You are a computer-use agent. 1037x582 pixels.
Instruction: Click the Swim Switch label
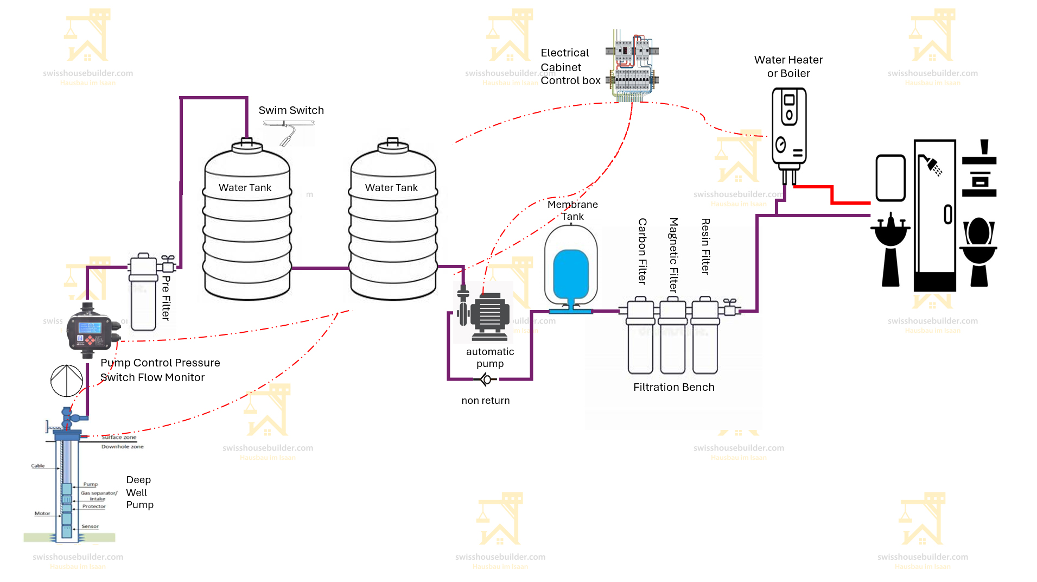291,110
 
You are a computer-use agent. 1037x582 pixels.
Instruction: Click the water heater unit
789,128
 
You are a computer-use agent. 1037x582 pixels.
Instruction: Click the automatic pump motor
489,313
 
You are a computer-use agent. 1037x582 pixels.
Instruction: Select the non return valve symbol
486,379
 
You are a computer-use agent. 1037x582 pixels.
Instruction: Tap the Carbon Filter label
642,251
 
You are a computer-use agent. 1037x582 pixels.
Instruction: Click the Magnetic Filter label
674,255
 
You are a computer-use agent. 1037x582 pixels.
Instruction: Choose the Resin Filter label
705,246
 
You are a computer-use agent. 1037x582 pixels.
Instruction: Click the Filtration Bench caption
673,387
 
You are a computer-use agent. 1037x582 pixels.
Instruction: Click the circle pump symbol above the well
67,381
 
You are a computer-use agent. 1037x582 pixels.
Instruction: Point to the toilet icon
978,250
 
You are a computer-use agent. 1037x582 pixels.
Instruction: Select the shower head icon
932,165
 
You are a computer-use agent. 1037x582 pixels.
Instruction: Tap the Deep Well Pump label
139,492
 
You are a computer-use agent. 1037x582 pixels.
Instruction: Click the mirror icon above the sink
890,178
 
